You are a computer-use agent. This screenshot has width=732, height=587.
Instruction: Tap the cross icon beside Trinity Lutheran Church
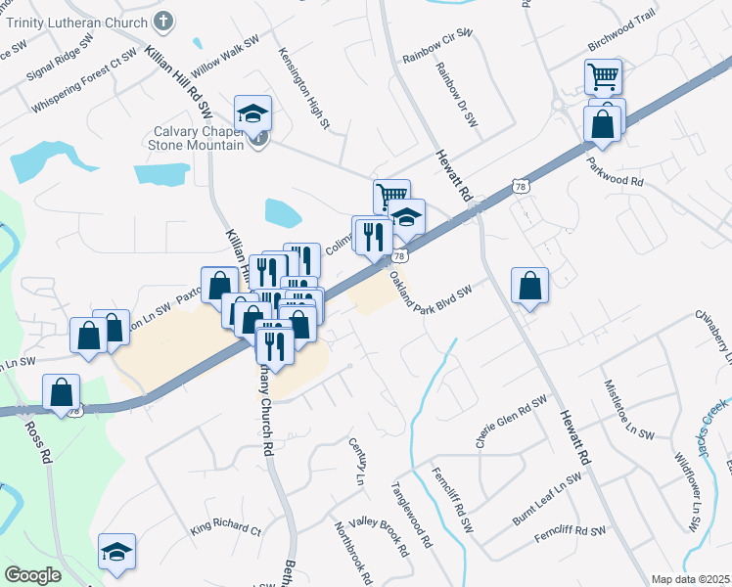pyautogui.click(x=163, y=20)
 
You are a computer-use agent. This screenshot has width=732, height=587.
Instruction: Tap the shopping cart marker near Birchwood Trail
pyautogui.click(x=604, y=75)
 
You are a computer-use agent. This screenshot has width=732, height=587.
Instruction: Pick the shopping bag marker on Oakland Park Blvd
pyautogui.click(x=529, y=286)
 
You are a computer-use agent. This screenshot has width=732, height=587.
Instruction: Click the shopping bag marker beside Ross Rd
pyautogui.click(x=62, y=393)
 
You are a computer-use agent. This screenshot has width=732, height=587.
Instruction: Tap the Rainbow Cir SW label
pyautogui.click(x=437, y=46)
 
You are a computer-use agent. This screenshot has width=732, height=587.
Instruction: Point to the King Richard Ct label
pyautogui.click(x=226, y=529)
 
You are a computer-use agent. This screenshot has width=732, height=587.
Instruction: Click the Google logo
pyautogui.click(x=32, y=575)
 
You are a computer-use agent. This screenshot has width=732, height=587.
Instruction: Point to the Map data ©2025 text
pyautogui.click(x=690, y=579)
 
